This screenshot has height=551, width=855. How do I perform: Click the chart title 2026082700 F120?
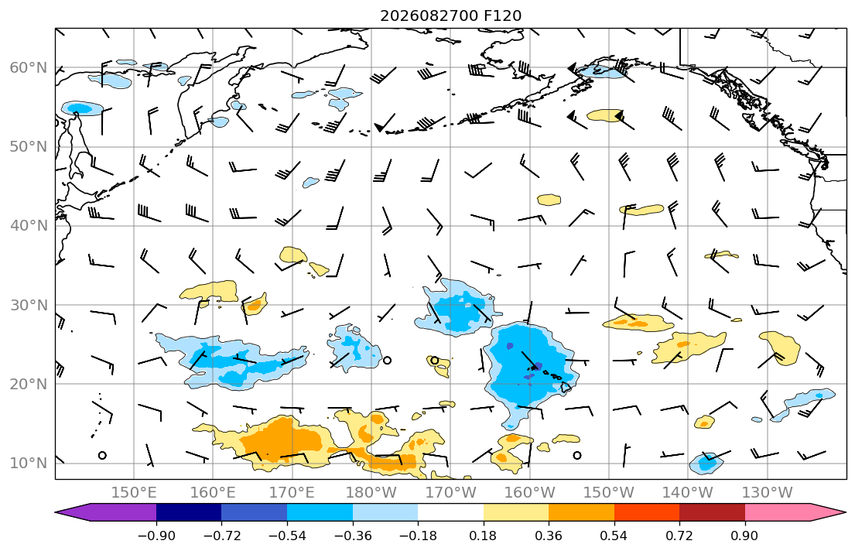pos(450,15)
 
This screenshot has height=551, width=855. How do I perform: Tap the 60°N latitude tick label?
pos(29,67)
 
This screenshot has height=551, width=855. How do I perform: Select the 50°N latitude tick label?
pos(29,147)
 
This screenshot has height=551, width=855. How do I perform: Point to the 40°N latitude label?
pos(29,226)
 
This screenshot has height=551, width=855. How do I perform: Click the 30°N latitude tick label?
pos(29,305)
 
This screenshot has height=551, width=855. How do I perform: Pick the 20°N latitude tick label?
pos(29,384)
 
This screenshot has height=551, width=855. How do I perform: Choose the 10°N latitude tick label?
pos(29,464)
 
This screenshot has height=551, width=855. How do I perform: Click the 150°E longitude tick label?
pos(134,493)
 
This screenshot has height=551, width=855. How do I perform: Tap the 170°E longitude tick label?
pos(292,493)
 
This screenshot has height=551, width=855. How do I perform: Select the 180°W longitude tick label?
pos(371,493)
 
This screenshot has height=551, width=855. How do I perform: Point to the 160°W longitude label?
pos(529,493)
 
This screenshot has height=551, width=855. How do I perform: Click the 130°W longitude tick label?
pos(768,493)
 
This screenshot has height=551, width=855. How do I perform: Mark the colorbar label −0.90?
pos(156,536)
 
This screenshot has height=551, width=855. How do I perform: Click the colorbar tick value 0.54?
pos(614,536)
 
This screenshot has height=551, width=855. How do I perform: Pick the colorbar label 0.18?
pos(483,536)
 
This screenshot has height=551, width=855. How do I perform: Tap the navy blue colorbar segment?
pos(189,512)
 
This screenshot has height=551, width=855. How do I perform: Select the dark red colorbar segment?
pos(712,512)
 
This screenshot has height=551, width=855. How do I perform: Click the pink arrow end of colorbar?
pos(795,512)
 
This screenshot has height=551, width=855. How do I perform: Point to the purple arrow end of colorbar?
pos(106,512)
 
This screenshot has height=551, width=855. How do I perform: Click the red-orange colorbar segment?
pos(647,512)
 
